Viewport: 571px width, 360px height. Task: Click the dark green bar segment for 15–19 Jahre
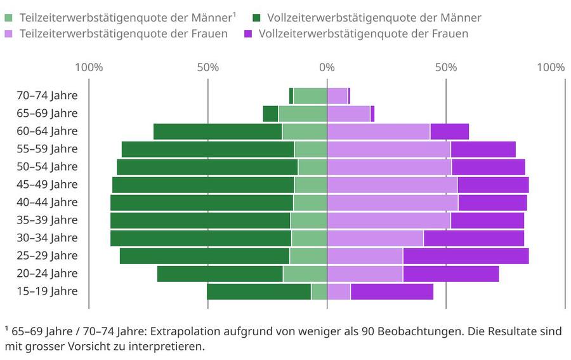tap(259, 291)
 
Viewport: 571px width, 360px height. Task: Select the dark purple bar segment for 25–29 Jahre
tap(466, 256)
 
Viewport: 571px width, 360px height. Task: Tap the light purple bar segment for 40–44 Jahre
tap(392, 203)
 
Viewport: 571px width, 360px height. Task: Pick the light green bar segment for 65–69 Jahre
tap(303, 114)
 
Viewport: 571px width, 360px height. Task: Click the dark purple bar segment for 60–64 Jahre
tap(449, 131)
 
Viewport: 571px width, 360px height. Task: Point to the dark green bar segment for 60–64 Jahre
tap(218, 131)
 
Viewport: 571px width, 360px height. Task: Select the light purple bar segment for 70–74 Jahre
tap(337, 96)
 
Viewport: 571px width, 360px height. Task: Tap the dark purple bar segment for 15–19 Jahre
tap(391, 291)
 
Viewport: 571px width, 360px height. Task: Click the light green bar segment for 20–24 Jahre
tap(305, 274)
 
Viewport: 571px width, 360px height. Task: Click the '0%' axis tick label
tap(327, 67)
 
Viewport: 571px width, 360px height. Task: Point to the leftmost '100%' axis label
tap(89, 67)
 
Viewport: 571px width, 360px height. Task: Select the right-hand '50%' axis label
tap(446, 67)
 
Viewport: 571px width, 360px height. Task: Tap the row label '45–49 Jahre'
tap(47, 185)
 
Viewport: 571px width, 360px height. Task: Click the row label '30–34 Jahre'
tap(47, 238)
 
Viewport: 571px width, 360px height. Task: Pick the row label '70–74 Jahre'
tap(47, 96)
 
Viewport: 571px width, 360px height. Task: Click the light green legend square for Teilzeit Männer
tap(10, 18)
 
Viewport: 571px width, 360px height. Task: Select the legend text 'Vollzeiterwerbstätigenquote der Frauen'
tap(364, 34)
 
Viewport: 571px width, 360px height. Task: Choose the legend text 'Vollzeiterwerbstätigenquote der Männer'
tap(374, 18)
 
